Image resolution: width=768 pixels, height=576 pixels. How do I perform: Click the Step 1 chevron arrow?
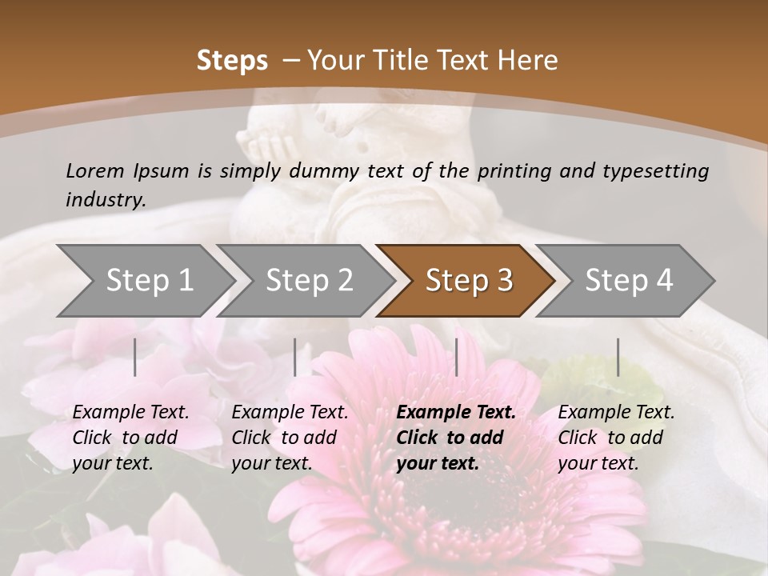coord(148,281)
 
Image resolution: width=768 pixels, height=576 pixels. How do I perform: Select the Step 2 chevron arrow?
coord(308,281)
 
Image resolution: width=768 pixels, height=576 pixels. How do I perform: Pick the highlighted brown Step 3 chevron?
coord(468,281)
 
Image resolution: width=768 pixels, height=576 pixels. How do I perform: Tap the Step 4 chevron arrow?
coord(628,281)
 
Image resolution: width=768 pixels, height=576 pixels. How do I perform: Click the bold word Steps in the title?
coord(232,61)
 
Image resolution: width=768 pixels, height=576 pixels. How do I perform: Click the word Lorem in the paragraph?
coord(95,170)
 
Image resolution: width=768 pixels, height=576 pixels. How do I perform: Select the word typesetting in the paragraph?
coord(657,170)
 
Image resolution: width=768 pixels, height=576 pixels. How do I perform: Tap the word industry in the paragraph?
coord(105,200)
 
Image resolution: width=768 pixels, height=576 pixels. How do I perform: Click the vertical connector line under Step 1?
coord(135,357)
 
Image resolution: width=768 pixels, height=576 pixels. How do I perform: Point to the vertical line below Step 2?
coord(295,357)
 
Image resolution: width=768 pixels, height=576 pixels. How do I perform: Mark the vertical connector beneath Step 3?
coord(456,357)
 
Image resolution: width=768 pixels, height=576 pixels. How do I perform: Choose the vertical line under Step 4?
coord(618,357)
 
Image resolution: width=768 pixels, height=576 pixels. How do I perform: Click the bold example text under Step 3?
coord(456,438)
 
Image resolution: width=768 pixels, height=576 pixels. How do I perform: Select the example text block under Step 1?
coord(130,438)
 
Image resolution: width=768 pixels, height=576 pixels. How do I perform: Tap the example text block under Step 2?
coord(290,438)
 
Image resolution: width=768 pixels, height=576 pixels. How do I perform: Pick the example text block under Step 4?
coord(616,438)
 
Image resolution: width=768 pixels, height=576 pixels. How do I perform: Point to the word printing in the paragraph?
coord(512,170)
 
